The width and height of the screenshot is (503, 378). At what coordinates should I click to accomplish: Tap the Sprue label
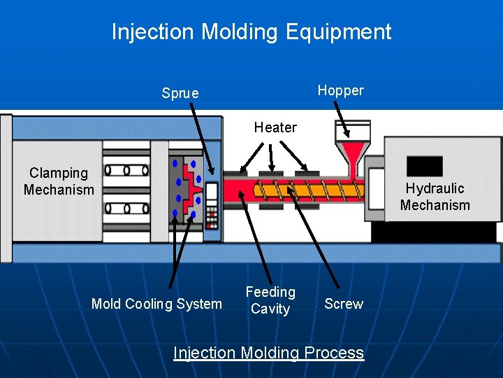pos(180,93)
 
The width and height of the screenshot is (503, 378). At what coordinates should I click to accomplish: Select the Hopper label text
pos(340,90)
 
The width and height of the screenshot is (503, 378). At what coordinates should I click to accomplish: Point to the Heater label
pos(275,127)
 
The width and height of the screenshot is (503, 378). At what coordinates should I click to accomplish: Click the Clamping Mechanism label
pos(59,181)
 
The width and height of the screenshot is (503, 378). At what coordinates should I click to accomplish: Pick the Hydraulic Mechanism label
pos(435,197)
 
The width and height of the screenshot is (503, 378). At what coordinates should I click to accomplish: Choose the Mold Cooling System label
pos(156,304)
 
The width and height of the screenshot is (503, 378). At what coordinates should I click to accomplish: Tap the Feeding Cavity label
pos(270,300)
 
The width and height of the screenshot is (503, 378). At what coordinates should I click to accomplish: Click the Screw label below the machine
pos(344,304)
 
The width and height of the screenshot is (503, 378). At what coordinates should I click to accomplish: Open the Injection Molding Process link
pos(268,353)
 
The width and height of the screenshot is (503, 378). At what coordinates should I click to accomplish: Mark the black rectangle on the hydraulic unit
pos(424,166)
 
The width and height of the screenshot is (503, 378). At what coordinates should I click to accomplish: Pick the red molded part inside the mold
pos(190,183)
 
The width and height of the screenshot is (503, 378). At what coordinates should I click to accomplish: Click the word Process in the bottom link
pos(333,353)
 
